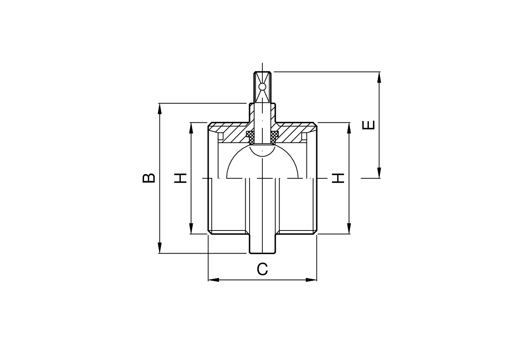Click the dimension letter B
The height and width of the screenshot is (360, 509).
point(149,178)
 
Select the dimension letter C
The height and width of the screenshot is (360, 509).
point(262,269)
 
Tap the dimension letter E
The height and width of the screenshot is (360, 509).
point(369,125)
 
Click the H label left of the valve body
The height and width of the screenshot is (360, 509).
point(180,178)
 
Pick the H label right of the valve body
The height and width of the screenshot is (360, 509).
point(338,178)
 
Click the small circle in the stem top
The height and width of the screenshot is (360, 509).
point(262,87)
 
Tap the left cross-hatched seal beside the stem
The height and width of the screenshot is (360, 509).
point(250,137)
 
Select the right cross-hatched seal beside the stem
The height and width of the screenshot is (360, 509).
point(275,137)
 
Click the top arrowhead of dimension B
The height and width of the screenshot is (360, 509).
point(159,109)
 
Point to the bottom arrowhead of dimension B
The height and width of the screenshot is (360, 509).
point(159,248)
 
